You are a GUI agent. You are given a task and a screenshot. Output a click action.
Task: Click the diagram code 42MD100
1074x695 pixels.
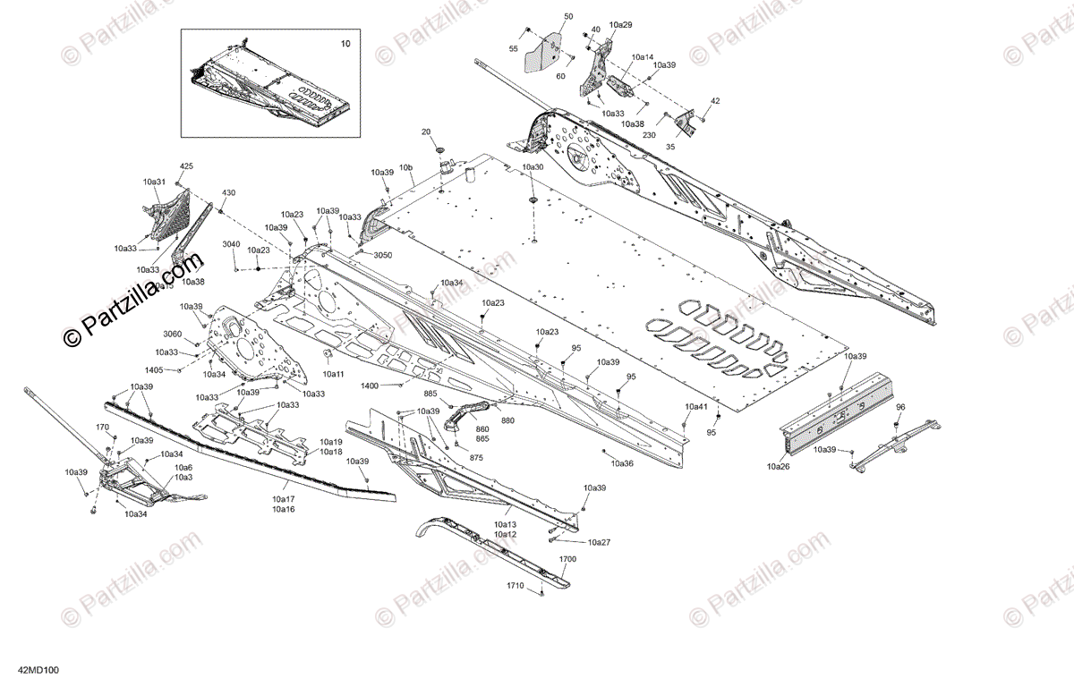[x=37, y=670]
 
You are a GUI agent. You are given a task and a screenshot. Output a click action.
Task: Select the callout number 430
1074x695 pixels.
[x=229, y=193]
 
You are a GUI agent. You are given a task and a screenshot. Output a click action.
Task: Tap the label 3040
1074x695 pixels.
[x=231, y=244]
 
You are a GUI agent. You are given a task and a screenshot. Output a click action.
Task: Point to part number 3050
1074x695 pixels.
[x=382, y=255]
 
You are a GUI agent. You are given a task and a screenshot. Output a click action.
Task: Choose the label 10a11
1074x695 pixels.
[x=334, y=374]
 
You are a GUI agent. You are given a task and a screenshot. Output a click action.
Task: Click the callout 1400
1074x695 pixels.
[x=369, y=386]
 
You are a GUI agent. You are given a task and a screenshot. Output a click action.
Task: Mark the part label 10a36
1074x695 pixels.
[x=622, y=463]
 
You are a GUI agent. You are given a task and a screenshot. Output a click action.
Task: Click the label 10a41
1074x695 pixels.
[x=696, y=407]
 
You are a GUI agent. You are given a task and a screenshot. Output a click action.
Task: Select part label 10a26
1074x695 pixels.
[x=779, y=466]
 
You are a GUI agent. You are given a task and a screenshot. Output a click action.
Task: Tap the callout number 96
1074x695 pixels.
[x=900, y=407]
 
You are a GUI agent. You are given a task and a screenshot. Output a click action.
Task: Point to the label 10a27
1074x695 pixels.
[x=599, y=542]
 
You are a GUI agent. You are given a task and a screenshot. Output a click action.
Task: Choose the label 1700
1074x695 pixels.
[x=567, y=559]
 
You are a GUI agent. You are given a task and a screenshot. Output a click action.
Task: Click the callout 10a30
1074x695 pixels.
[x=533, y=167]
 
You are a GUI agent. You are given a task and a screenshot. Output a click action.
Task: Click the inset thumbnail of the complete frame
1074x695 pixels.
[x=271, y=82]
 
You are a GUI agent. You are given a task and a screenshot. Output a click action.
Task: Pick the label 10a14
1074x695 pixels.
[x=643, y=56]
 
